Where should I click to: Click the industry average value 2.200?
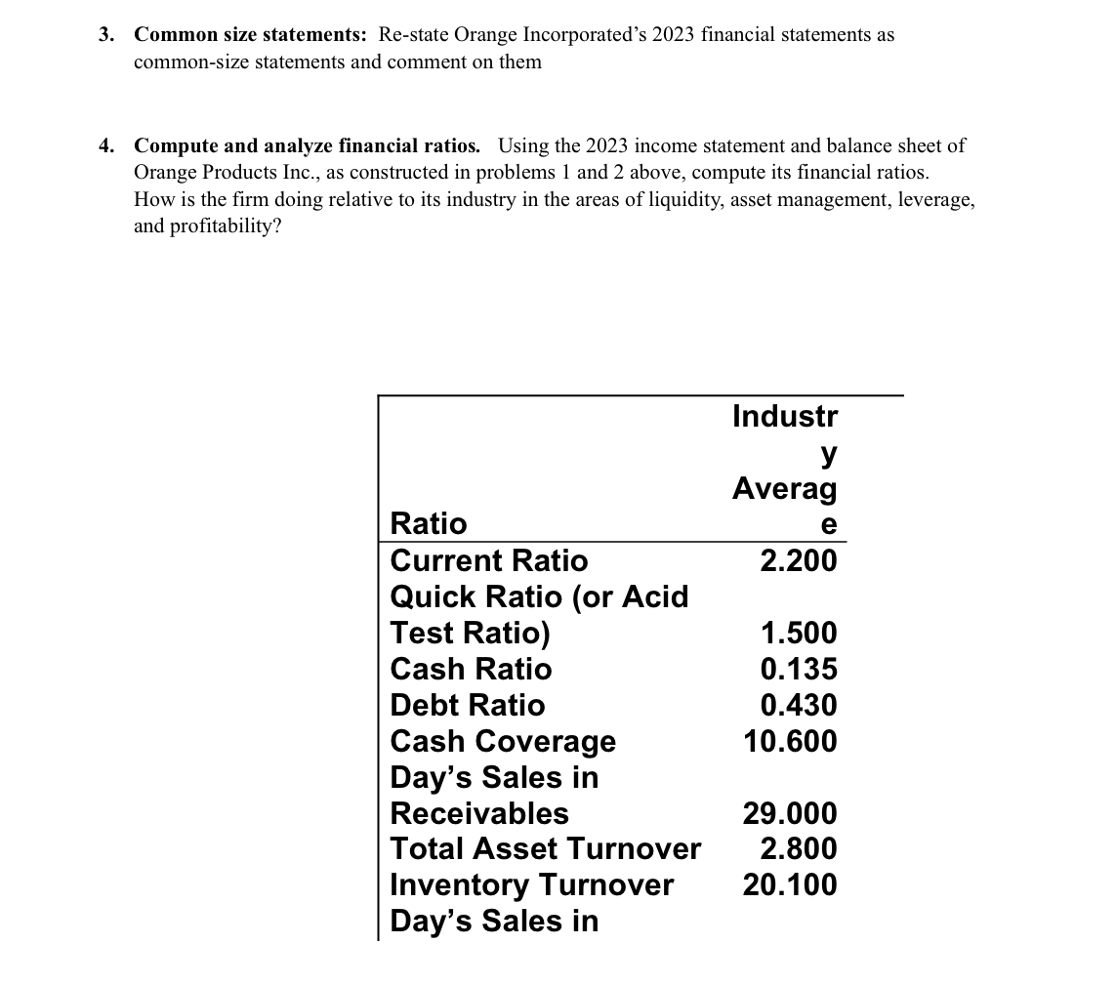pyautogui.click(x=799, y=560)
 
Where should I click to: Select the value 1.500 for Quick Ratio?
pyautogui.click(x=799, y=633)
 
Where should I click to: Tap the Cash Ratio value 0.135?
pyautogui.click(x=799, y=669)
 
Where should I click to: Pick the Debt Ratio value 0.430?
pyautogui.click(x=799, y=705)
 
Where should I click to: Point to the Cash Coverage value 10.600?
pyautogui.click(x=790, y=741)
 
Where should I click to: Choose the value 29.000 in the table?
pyautogui.click(x=790, y=813)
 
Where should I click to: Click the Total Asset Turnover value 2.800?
pyautogui.click(x=799, y=848)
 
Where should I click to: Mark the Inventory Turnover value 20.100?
pyautogui.click(x=790, y=884)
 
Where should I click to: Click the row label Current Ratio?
pyautogui.click(x=489, y=560)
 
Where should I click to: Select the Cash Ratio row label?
pyautogui.click(x=471, y=669)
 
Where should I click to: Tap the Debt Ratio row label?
pyautogui.click(x=468, y=705)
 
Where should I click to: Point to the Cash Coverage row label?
pyautogui.click(x=503, y=742)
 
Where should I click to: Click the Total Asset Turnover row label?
pyautogui.click(x=545, y=848)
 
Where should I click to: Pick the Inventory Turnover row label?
pyautogui.click(x=531, y=884)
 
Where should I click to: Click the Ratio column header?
pyautogui.click(x=429, y=524)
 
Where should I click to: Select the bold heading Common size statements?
pyautogui.click(x=250, y=35)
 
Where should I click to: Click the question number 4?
pyautogui.click(x=104, y=146)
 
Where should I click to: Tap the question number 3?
pyautogui.click(x=104, y=35)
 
